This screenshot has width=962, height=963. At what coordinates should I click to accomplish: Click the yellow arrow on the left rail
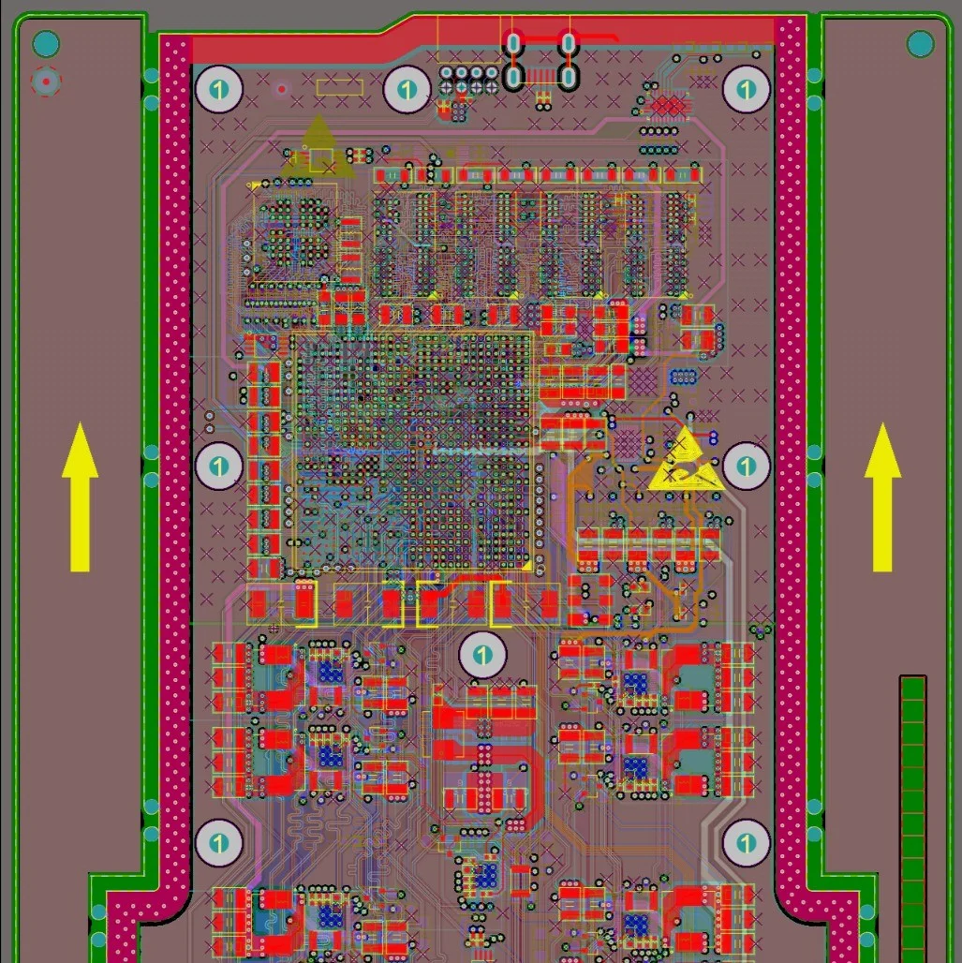tap(80, 496)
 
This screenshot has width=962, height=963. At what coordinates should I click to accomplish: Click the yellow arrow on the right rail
tap(882, 496)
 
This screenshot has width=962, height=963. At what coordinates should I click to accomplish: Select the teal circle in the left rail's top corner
tap(46, 44)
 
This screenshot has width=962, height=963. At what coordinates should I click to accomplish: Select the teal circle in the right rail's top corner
tap(920, 44)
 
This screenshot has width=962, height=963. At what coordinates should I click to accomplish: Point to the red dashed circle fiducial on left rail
tap(46, 81)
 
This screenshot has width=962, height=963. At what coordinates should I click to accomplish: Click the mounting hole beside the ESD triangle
tap(746, 467)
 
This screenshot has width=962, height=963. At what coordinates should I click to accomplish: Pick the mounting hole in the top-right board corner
tap(746, 90)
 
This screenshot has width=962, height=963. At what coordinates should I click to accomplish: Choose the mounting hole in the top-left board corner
tap(218, 90)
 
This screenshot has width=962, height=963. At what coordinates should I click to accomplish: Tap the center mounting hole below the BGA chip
tap(482, 655)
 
